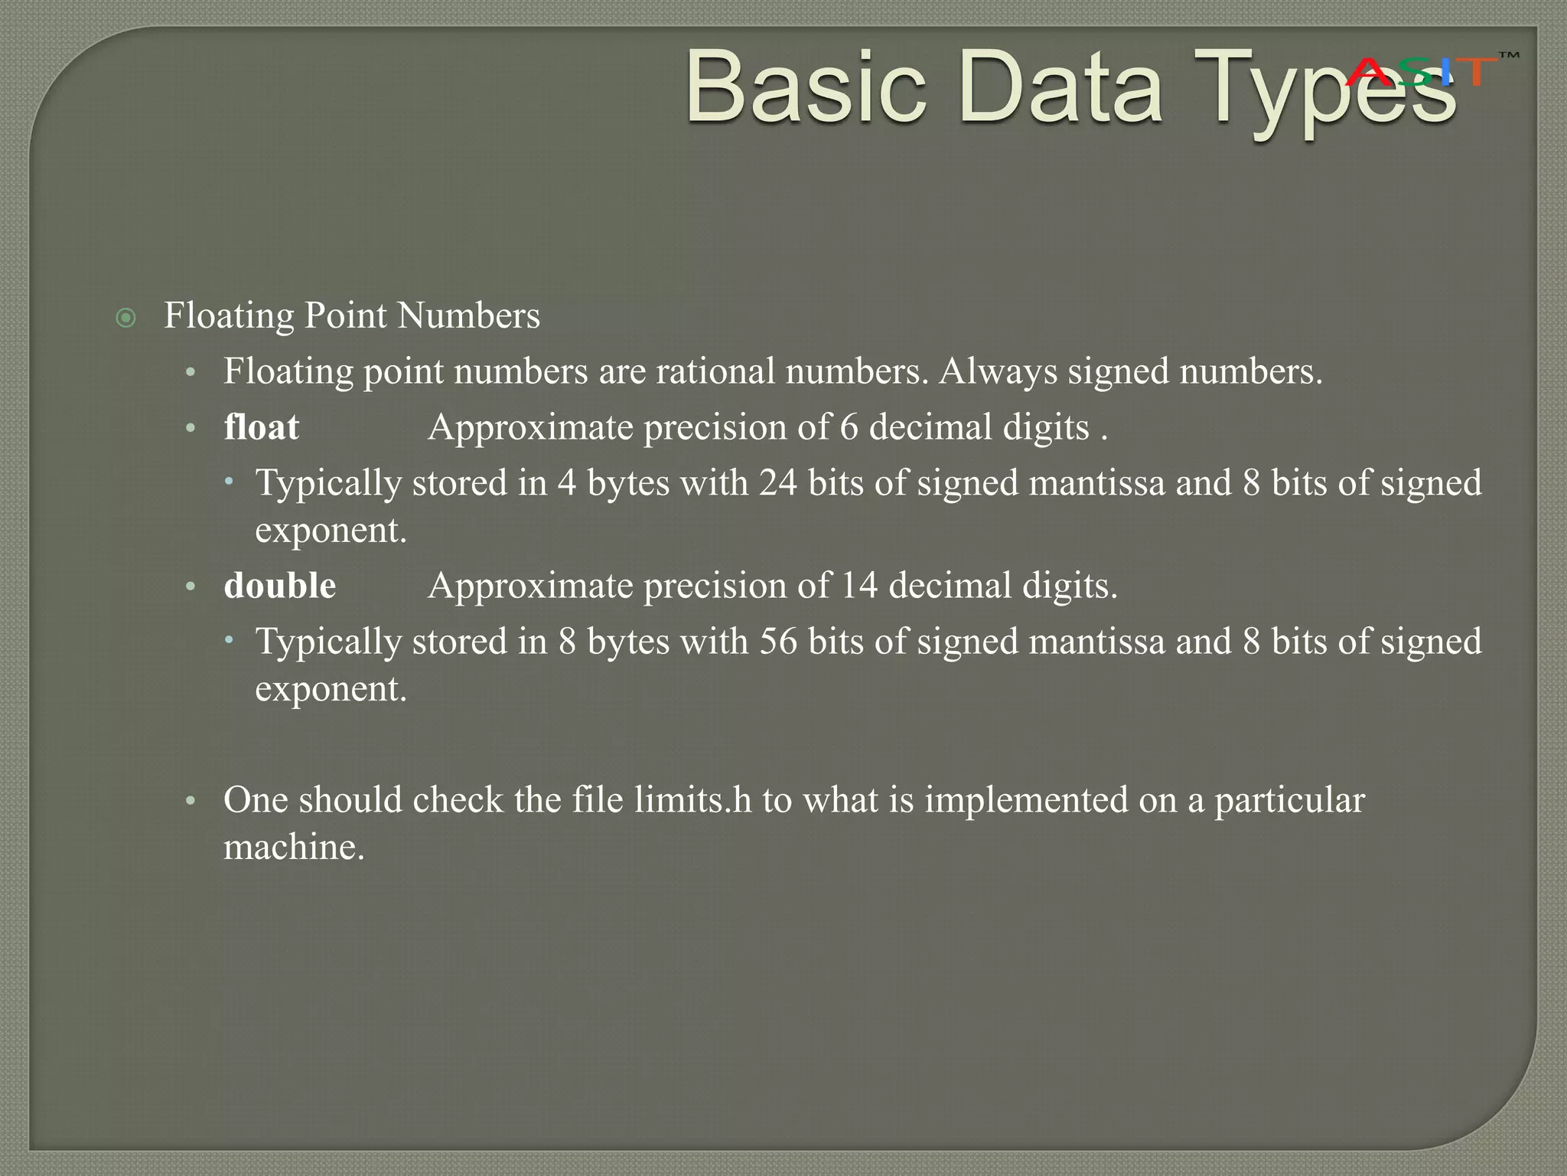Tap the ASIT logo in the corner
pos(1420,72)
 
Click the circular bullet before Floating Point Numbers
pos(125,318)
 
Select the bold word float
pos(261,427)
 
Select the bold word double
pos(279,586)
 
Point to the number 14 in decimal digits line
pos(859,586)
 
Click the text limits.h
pos(693,800)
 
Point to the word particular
pos(1289,800)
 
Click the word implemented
pos(1025,800)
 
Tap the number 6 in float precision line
pos(849,427)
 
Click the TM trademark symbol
pos(1508,56)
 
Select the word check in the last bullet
pos(458,800)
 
